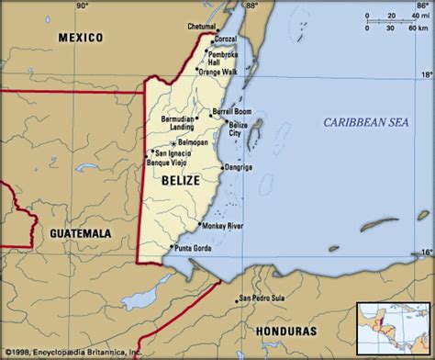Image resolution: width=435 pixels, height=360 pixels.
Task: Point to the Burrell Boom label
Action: [230, 111]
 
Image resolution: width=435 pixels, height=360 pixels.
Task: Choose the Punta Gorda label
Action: [194, 247]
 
